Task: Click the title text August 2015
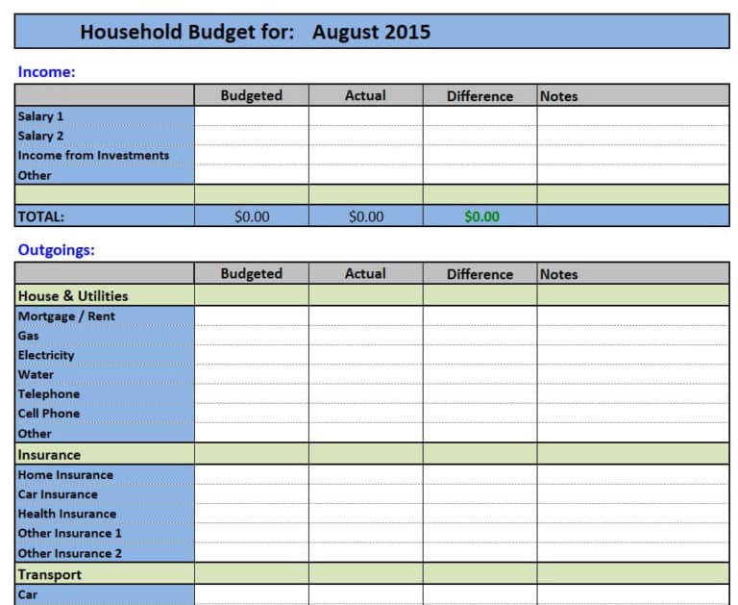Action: point(371,32)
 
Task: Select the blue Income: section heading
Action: point(46,71)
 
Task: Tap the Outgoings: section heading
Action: point(57,250)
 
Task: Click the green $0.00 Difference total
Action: point(481,216)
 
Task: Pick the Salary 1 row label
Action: point(40,116)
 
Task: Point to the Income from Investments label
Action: point(93,155)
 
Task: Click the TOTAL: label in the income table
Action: point(40,216)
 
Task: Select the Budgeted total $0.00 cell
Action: point(252,216)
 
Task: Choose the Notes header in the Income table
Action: point(558,96)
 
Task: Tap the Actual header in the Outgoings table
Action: point(365,273)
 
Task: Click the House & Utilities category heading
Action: point(72,295)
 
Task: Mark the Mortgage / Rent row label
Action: point(66,315)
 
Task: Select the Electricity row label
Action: point(45,355)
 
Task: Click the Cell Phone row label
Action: point(48,414)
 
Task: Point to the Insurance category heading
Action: point(49,454)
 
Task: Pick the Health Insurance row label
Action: point(66,514)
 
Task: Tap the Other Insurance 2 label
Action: point(69,553)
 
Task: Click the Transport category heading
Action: point(49,574)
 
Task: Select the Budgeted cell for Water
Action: point(252,374)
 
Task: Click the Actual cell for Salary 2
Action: point(365,136)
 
